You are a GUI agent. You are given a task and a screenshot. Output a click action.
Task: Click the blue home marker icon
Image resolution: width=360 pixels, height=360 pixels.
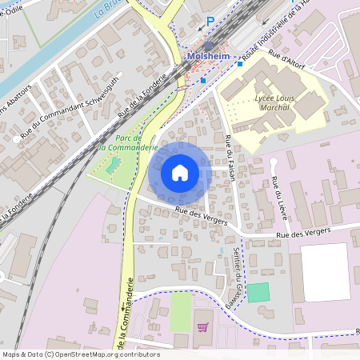point(180,173)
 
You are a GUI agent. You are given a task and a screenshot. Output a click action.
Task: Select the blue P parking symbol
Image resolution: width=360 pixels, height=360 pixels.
point(210,22)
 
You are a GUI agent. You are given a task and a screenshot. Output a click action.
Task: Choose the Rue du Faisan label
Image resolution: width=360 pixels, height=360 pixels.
point(230,157)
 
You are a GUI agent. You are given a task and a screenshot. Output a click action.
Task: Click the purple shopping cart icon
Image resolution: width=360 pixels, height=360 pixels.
point(202,326)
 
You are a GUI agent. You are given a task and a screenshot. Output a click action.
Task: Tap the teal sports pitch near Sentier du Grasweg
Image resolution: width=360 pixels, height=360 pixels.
point(258,292)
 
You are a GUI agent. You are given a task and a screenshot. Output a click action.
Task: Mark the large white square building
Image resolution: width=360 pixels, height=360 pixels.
point(326,272)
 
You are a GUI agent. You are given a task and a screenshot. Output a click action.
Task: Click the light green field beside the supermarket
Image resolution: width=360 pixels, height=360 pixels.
point(182,312)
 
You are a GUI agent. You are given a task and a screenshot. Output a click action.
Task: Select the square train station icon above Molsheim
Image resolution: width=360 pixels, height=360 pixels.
point(208,46)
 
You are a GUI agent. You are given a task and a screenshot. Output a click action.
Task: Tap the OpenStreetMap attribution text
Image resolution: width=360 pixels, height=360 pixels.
point(80,354)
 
